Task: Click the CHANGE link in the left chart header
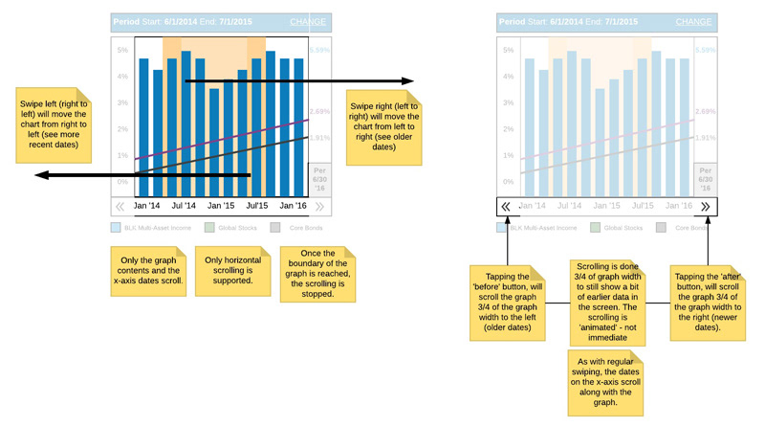point(308,22)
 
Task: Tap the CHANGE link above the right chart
point(693,22)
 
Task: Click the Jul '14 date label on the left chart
point(184,206)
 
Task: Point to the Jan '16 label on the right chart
point(678,206)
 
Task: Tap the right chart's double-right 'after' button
point(705,206)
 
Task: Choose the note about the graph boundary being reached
point(317,275)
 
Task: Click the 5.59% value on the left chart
point(319,50)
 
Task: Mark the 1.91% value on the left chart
point(319,138)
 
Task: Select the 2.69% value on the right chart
point(705,112)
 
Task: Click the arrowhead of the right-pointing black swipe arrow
point(409,81)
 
